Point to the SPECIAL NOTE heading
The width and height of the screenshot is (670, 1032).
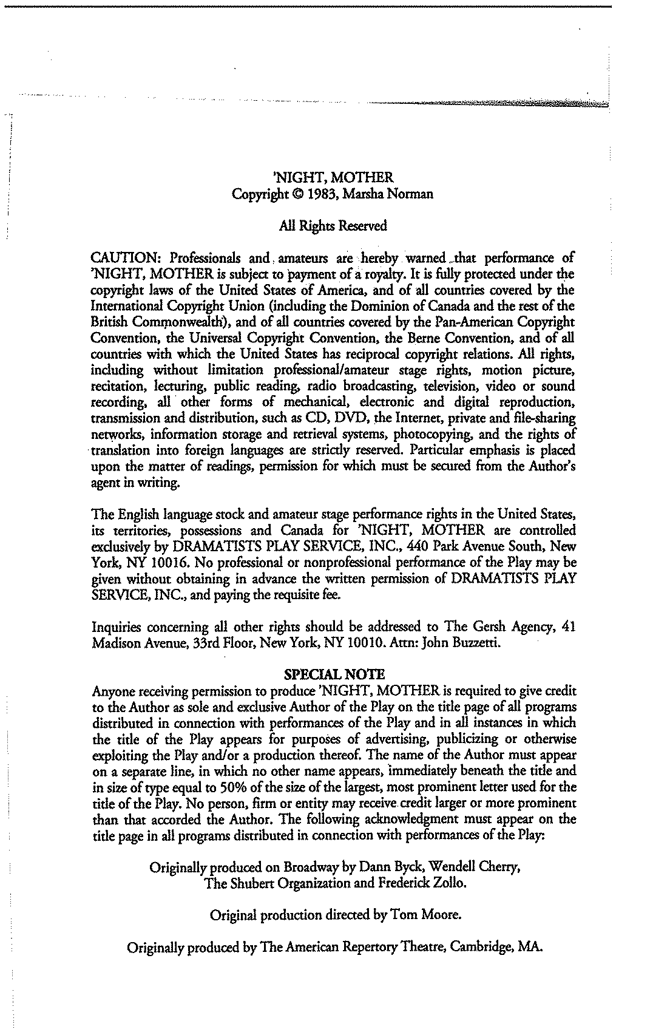334,674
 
